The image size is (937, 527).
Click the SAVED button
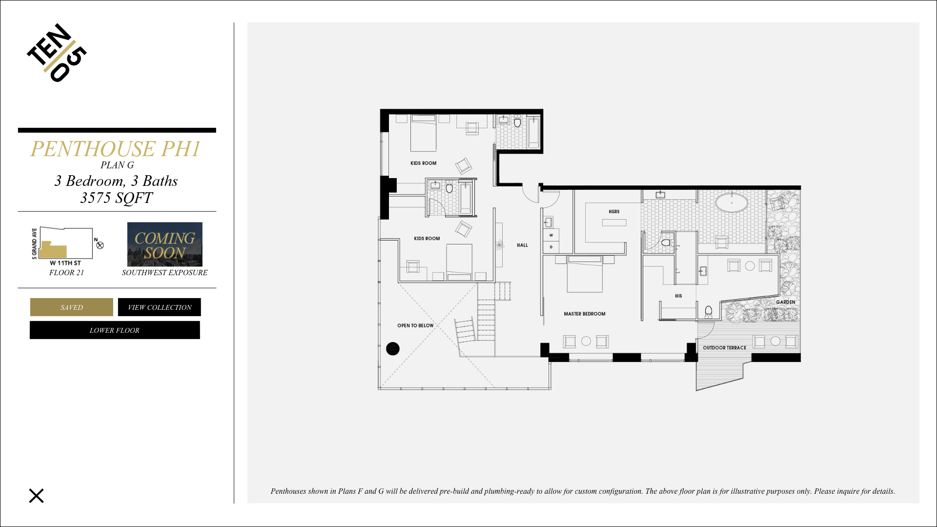(x=72, y=307)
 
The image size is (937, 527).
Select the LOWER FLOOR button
(x=115, y=330)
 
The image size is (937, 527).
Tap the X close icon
(x=36, y=496)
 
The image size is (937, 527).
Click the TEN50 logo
(x=57, y=53)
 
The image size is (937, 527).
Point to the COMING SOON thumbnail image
(x=165, y=244)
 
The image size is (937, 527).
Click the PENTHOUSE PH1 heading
(x=115, y=149)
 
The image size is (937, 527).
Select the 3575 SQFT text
(x=116, y=198)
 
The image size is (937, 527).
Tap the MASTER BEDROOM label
(x=585, y=314)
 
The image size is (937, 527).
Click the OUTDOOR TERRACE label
(x=725, y=348)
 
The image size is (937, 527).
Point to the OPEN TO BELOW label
(x=415, y=325)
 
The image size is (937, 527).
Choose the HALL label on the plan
(x=522, y=245)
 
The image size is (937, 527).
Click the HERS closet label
(x=614, y=212)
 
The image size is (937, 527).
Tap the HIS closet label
(x=678, y=296)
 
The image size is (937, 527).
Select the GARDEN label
(x=786, y=303)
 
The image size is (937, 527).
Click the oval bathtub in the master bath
(x=732, y=203)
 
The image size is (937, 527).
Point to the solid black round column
(x=393, y=348)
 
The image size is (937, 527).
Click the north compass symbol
(x=100, y=245)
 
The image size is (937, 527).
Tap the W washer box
(x=551, y=235)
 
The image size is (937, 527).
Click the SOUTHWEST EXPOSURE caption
(x=165, y=273)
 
